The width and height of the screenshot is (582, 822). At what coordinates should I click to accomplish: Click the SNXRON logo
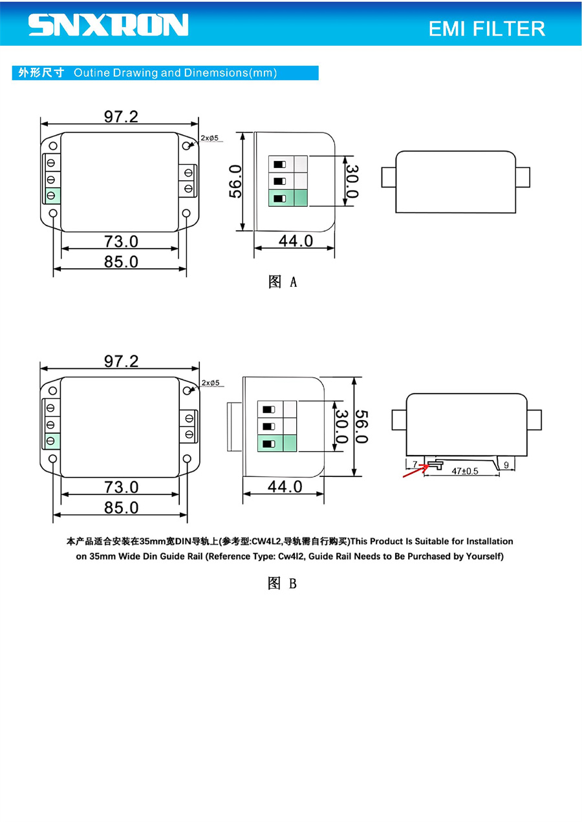109,25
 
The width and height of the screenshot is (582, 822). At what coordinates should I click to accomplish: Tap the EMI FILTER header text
486,28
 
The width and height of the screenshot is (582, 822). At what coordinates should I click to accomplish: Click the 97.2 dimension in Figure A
121,117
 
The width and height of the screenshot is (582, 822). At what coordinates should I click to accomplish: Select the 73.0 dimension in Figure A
121,242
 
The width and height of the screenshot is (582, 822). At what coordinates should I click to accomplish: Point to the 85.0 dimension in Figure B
121,508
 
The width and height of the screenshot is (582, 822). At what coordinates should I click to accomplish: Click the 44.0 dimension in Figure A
296,241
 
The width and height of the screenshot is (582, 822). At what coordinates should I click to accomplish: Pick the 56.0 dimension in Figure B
361,427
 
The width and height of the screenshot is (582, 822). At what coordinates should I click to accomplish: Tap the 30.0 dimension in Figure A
352,182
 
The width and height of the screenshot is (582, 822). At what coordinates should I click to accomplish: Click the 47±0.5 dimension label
465,471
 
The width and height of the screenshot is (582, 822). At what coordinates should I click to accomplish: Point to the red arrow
416,471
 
